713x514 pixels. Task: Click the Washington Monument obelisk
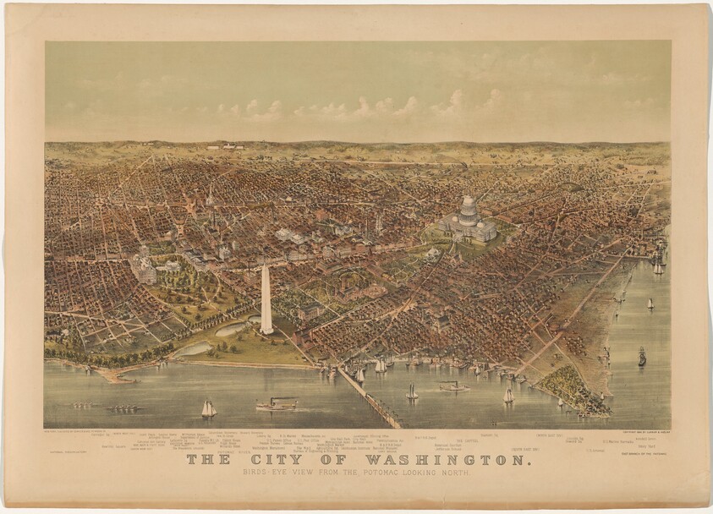[x=266, y=299]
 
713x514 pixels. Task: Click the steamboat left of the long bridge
[x=277, y=404]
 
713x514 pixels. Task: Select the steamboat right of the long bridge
[x=453, y=386]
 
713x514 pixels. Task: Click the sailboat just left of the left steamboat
[x=208, y=409]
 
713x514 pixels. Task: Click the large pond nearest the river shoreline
[x=194, y=348]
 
